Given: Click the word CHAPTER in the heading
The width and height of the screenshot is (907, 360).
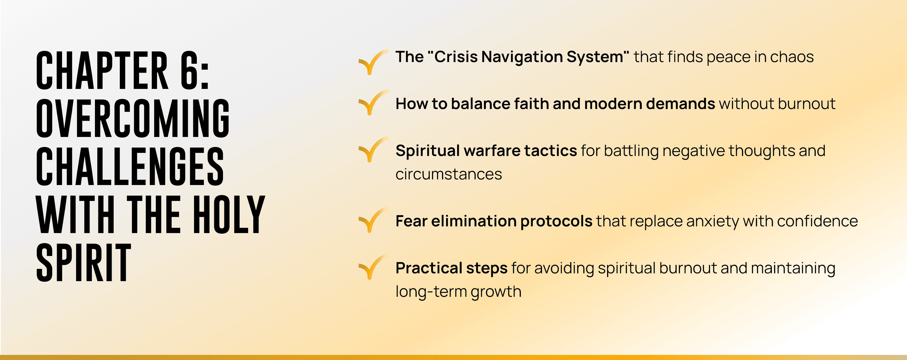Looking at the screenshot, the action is pos(102,70).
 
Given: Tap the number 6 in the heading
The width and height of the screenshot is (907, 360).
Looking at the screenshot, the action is pos(190,70).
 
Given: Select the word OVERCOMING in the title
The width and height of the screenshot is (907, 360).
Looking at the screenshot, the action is pos(133,118).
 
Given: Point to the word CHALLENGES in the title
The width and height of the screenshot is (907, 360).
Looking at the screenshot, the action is pos(130,166).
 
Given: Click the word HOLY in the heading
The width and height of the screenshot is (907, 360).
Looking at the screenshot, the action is pos(229,214).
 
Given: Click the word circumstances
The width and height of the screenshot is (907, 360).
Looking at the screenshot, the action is pos(449,174).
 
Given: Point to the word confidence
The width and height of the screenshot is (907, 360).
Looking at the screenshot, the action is pos(818,221).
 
